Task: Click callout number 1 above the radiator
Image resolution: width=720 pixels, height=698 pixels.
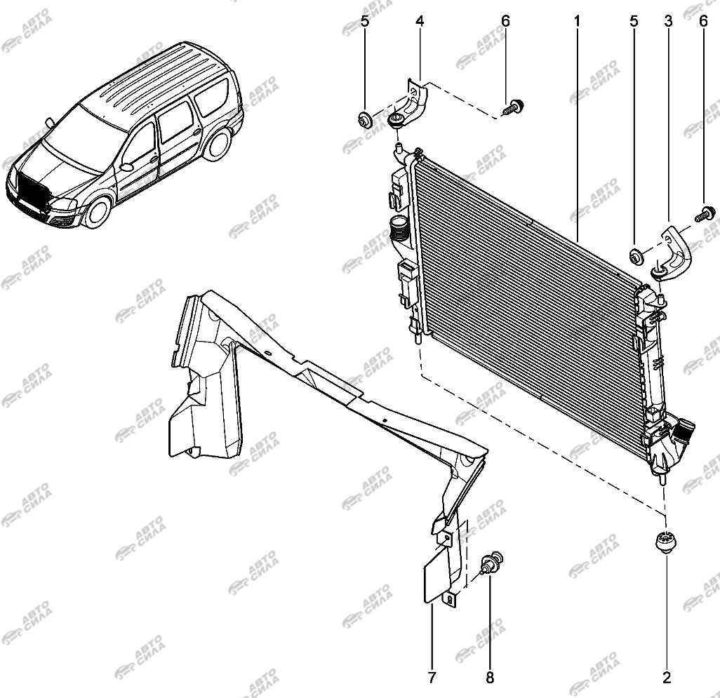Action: (577, 22)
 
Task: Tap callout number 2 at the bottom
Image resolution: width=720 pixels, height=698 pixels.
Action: (666, 677)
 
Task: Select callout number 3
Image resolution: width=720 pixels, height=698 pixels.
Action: (667, 22)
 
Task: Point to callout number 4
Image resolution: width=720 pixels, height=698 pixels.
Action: (420, 22)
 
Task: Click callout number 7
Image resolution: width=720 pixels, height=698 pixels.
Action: (432, 677)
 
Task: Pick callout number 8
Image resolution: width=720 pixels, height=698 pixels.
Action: (490, 677)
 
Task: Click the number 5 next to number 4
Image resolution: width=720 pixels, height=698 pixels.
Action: (365, 22)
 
